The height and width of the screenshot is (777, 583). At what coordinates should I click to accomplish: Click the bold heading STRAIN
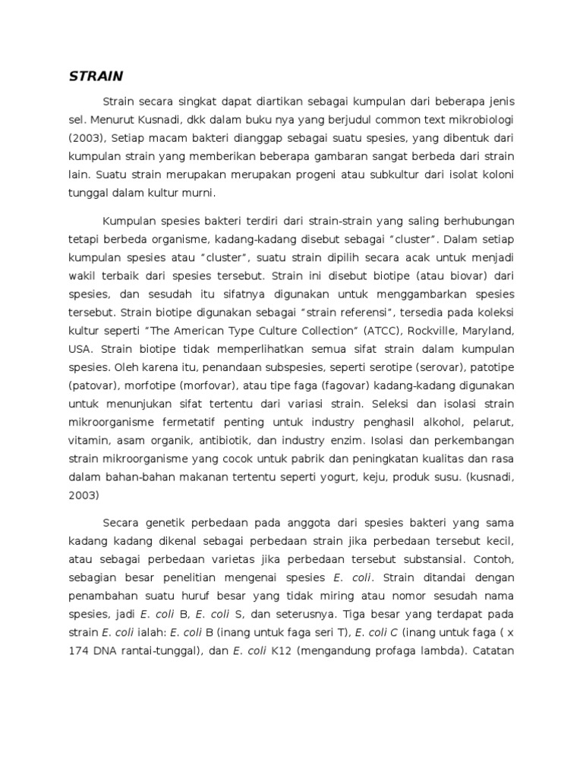(x=96, y=77)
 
